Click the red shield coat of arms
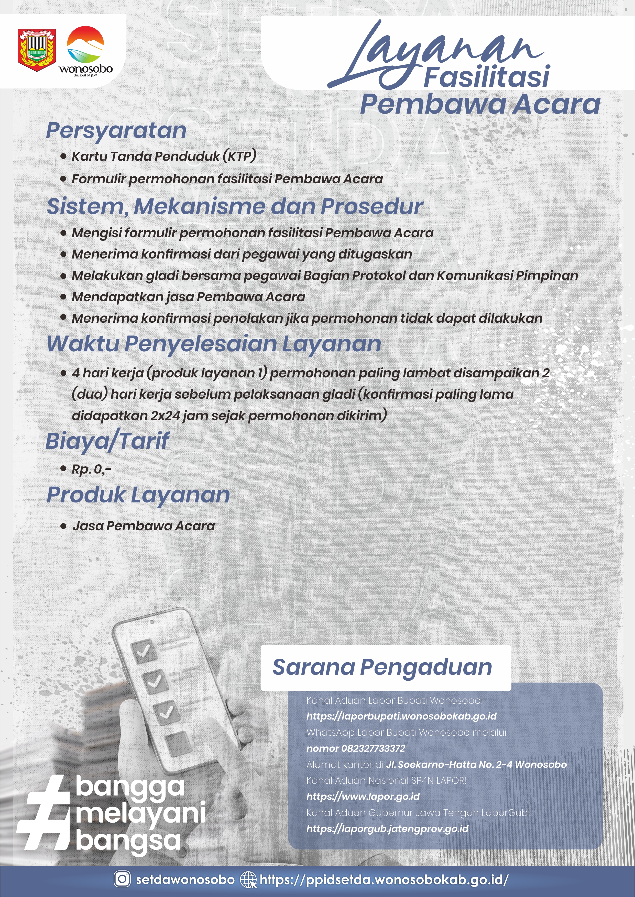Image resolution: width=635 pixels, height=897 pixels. [x=37, y=49]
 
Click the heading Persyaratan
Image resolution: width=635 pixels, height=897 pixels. [x=116, y=130]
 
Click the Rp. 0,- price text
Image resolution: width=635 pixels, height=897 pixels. [x=91, y=469]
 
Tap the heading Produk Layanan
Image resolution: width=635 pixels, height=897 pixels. [x=138, y=495]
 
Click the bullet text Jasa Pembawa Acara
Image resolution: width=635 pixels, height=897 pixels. [x=144, y=526]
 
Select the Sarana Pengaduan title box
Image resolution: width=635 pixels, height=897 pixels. [x=386, y=668]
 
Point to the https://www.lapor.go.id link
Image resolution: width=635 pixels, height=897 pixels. [x=363, y=796]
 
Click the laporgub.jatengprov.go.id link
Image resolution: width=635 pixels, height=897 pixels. [x=387, y=828]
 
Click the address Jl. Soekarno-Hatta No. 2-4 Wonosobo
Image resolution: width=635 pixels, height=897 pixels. [x=476, y=764]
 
